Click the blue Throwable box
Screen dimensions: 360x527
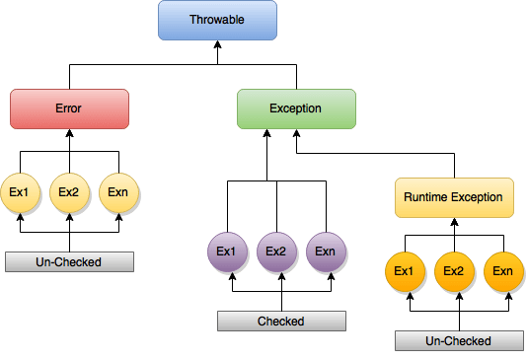[x=217, y=21]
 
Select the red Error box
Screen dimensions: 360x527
[x=69, y=108]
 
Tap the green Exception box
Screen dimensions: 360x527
[x=295, y=108]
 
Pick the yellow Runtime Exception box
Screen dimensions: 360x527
[x=454, y=197]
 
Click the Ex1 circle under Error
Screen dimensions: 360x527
[x=20, y=192]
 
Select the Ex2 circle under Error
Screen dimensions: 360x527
[x=69, y=192]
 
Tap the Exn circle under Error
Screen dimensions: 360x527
[x=118, y=192]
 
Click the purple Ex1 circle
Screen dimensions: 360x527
[x=228, y=252]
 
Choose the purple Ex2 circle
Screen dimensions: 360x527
[x=276, y=252]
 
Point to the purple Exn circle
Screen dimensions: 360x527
[x=327, y=252]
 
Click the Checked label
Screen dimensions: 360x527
[x=281, y=322]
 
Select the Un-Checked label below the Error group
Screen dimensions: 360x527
[x=69, y=262]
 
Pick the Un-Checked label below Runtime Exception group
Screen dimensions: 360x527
[x=458, y=340]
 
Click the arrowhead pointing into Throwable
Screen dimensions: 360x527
[x=217, y=45]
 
